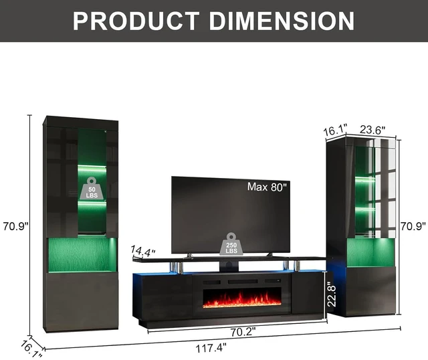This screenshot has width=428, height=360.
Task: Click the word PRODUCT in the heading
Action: click(136, 21)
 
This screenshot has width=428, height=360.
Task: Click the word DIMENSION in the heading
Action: click(282, 21)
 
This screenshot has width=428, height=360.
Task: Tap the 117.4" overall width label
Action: click(211, 348)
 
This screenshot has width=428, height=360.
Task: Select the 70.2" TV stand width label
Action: click(243, 332)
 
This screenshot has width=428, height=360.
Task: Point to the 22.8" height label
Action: click(332, 294)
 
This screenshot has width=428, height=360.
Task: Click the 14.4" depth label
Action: click(142, 251)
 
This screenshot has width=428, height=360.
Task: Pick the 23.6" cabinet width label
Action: click(372, 130)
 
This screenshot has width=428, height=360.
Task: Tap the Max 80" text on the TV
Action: click(267, 187)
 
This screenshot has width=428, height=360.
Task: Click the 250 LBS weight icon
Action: click(231, 244)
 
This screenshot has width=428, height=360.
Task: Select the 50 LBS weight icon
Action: click(92, 188)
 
